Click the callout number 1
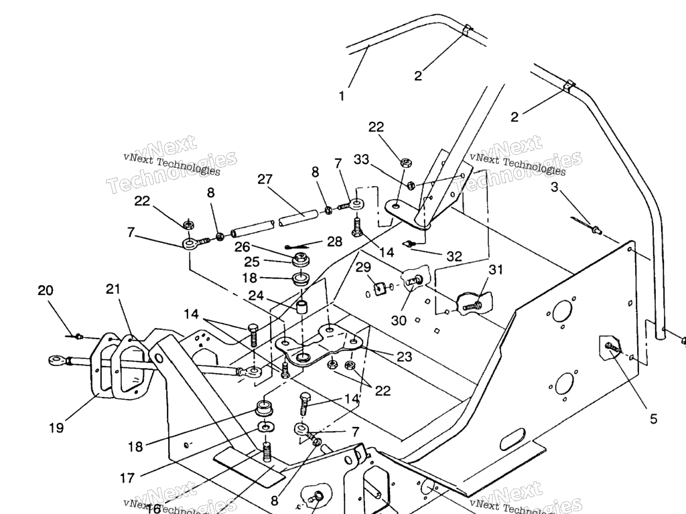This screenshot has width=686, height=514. (342, 96)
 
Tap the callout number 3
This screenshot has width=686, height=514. (554, 187)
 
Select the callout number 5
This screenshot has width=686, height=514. (653, 420)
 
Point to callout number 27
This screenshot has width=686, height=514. (265, 180)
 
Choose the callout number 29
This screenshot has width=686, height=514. (363, 268)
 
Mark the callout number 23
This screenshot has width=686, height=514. (404, 357)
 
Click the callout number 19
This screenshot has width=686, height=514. (56, 427)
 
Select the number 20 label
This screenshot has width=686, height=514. (46, 290)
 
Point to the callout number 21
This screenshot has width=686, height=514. (113, 289)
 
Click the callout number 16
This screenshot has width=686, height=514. (153, 508)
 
